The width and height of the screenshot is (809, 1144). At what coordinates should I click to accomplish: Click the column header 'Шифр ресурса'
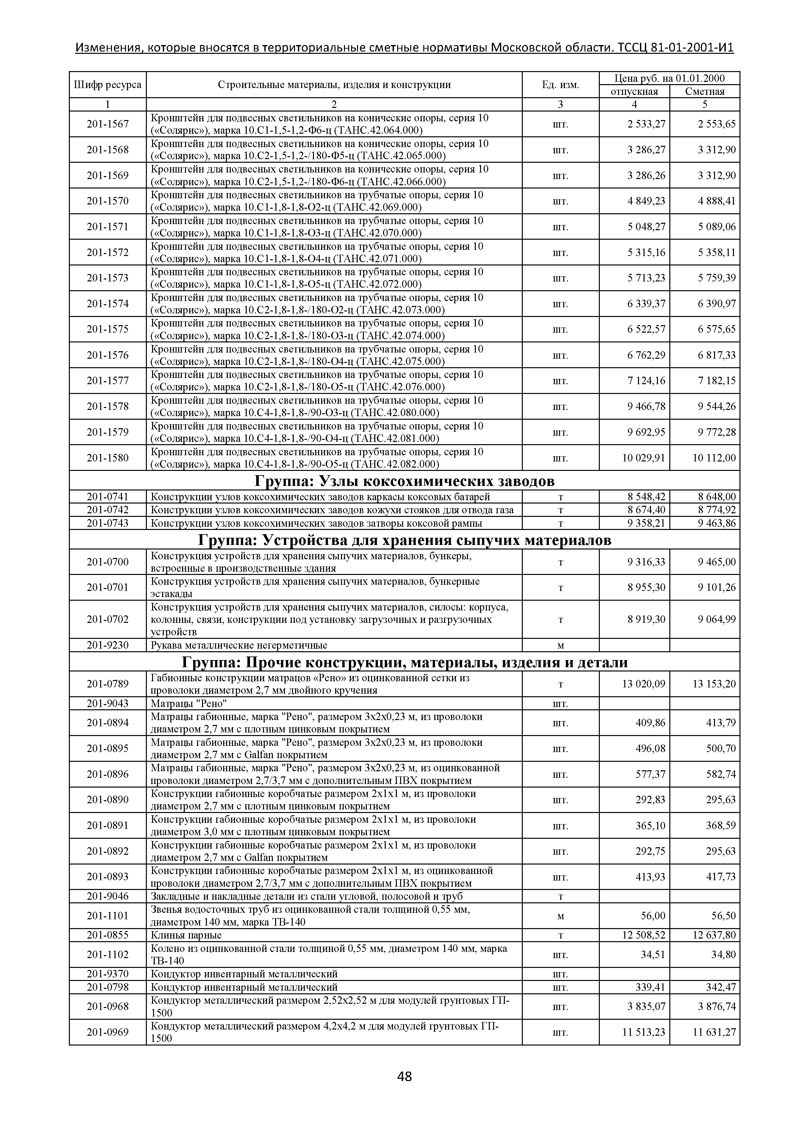coord(108,85)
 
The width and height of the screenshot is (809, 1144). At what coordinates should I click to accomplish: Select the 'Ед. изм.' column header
coord(560,85)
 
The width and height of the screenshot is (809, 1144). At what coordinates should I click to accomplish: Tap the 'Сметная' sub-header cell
coord(704,91)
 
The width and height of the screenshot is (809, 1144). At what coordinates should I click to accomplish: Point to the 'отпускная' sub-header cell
coord(634,91)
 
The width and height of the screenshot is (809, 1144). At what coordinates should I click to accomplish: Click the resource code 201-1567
coord(108,124)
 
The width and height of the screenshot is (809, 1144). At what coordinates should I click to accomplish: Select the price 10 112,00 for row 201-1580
coord(714,458)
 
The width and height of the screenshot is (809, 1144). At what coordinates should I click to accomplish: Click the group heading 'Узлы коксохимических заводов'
coord(404,481)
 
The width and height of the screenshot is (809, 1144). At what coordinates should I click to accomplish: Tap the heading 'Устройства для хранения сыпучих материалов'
coord(404,540)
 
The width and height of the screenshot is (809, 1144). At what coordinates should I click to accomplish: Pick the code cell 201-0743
coord(108,523)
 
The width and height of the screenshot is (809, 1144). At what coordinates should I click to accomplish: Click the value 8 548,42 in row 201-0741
coord(646,497)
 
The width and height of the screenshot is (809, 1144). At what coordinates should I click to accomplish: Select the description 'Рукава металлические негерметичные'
coord(239,645)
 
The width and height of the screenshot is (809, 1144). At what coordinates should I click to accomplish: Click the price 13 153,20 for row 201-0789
coord(714,684)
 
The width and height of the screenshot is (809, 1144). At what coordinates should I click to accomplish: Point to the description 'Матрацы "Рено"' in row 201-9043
coord(189,703)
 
